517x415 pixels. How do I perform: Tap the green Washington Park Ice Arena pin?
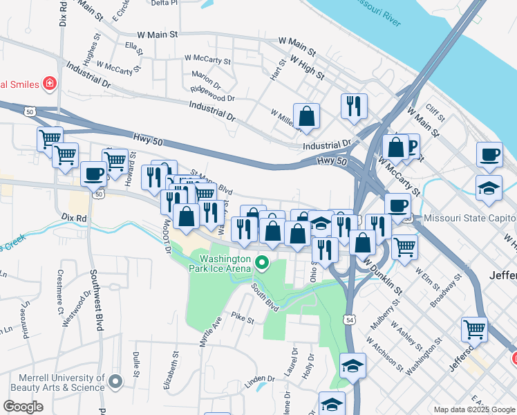[x=261, y=262]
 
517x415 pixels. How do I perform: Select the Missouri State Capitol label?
[x=470, y=218]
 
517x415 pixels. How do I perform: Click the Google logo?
[x=23, y=407]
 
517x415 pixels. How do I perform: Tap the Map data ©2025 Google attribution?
[x=473, y=409]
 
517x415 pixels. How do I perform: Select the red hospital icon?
[x=49, y=84]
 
